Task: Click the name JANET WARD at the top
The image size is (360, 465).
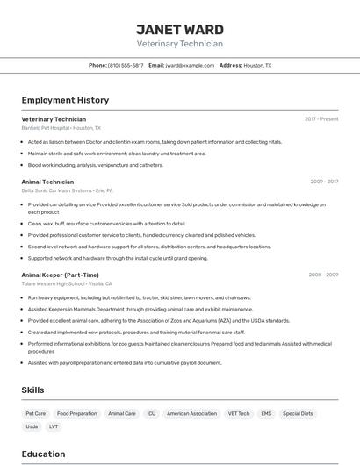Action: [179, 30]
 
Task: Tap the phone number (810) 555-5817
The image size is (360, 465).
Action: [126, 65]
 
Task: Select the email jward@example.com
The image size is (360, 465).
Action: [191, 65]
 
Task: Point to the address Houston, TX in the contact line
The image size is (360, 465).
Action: [257, 65]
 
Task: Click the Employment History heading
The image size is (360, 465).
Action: [65, 100]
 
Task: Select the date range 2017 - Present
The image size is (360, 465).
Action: [321, 119]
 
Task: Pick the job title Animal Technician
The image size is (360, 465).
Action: [47, 182]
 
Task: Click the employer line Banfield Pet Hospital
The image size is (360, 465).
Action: [61, 128]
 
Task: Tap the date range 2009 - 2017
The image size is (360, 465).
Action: [324, 182]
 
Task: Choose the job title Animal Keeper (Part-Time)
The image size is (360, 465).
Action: [60, 275]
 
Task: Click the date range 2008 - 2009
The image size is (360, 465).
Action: [323, 275]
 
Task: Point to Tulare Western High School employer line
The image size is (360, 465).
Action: [67, 284]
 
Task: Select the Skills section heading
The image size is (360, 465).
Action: [32, 390]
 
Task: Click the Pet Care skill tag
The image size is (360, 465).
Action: [36, 413]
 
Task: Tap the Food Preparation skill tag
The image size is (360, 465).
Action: [77, 413]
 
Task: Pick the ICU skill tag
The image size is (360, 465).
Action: [151, 413]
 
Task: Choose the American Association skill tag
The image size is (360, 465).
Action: [191, 413]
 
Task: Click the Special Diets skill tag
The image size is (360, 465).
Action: [298, 413]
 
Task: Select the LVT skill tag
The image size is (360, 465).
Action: [54, 426]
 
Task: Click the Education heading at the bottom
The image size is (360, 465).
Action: [43, 454]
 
